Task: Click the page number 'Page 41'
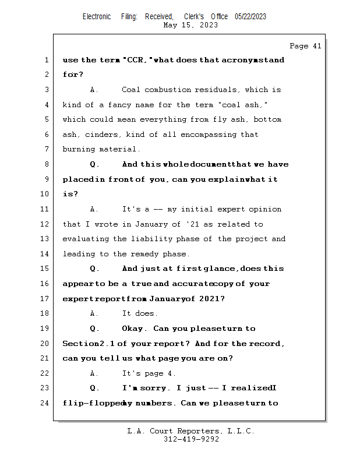pyautogui.click(x=305, y=46)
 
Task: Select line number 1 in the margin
pyautogui.click(x=47, y=60)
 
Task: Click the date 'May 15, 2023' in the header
pyautogui.click(x=191, y=25)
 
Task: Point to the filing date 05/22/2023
pyautogui.click(x=250, y=16)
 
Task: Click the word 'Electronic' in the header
pyautogui.click(x=97, y=16)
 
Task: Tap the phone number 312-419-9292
pyautogui.click(x=191, y=439)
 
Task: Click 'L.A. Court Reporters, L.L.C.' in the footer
pyautogui.click(x=191, y=431)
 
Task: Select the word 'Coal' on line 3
pyautogui.click(x=131, y=90)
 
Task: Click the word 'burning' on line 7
pyautogui.click(x=78, y=150)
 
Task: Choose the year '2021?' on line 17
pyautogui.click(x=210, y=299)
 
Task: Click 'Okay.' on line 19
pyautogui.click(x=135, y=329)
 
